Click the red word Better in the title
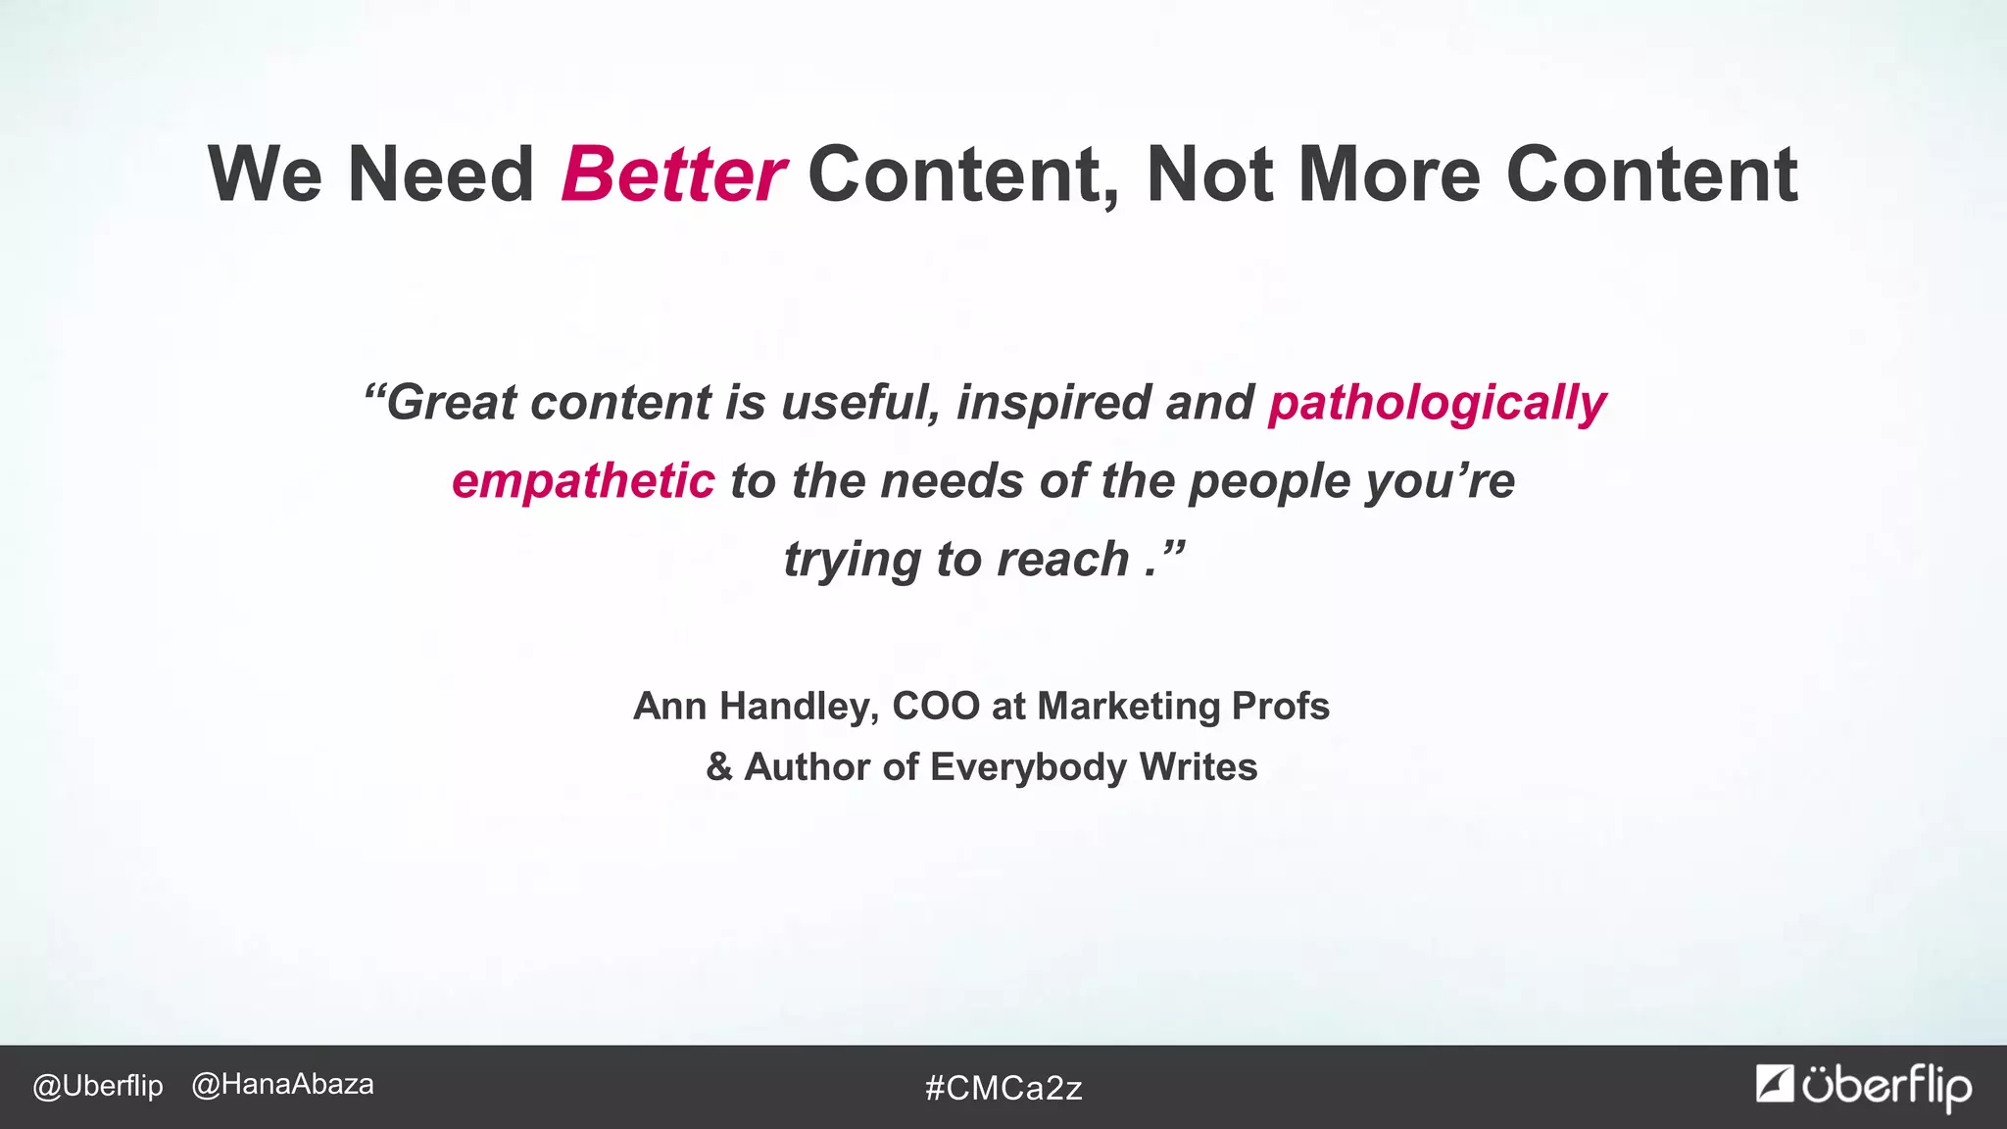(672, 174)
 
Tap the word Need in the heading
(440, 174)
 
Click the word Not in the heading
(1210, 174)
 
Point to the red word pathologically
(1437, 404)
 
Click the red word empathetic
(583, 481)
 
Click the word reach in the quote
(1062, 560)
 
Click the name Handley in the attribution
(799, 707)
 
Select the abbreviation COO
(936, 707)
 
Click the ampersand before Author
(719, 766)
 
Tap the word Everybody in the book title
(1028, 767)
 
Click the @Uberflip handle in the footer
(98, 1086)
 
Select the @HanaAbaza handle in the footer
(282, 1085)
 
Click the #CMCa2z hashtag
(1003, 1088)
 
